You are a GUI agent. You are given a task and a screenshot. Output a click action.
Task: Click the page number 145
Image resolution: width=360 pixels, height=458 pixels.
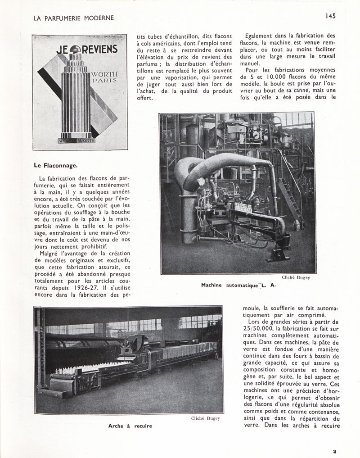[331, 15]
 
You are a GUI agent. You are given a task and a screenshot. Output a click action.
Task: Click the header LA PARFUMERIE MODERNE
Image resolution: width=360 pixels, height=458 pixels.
[74, 18]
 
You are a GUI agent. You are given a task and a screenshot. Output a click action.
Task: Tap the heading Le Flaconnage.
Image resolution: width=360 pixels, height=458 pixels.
[55, 165]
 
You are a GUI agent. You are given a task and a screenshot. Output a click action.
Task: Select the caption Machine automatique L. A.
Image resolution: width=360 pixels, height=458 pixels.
[238, 285]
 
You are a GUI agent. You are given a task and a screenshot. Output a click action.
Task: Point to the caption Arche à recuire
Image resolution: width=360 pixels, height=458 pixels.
[130, 426]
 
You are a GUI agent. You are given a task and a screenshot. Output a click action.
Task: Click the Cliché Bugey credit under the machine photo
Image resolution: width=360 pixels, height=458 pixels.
[296, 277]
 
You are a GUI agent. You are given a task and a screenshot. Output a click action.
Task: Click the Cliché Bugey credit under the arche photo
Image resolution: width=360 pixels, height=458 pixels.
[205, 418]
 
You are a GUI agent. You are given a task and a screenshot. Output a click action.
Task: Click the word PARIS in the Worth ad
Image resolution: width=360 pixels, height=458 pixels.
[105, 80]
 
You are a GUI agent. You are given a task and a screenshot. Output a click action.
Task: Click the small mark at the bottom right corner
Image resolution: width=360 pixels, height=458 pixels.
[334, 450]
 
